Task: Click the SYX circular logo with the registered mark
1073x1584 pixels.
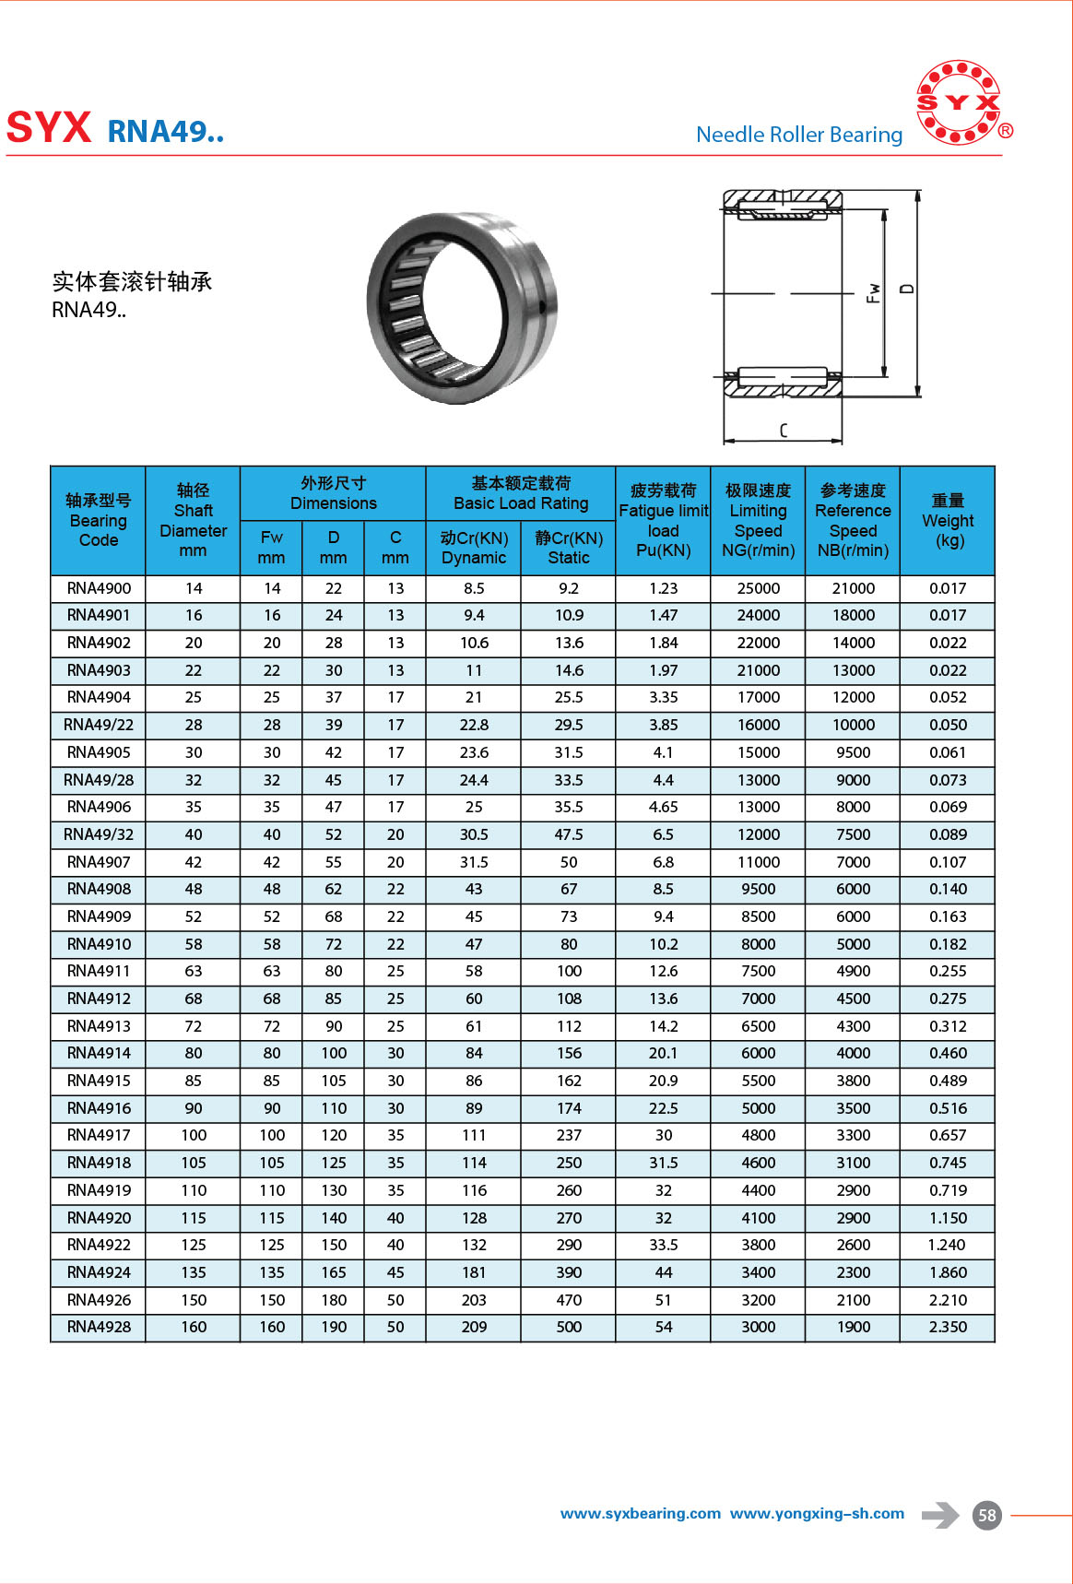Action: tap(960, 103)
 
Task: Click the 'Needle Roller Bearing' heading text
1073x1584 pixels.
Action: tap(799, 135)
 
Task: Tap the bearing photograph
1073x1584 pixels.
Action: tap(462, 307)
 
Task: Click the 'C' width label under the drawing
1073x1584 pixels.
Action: tap(784, 430)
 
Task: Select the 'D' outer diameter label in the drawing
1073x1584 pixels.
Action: tap(907, 289)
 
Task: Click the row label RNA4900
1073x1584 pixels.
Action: tap(99, 588)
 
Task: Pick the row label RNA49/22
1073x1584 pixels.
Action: tap(99, 725)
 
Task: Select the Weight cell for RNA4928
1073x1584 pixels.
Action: tap(948, 1327)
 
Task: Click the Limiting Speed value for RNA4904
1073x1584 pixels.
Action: tap(758, 697)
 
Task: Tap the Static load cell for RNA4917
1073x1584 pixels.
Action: tap(569, 1135)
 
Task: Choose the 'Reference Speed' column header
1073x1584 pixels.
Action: tap(853, 521)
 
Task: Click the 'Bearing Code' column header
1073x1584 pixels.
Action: tap(99, 521)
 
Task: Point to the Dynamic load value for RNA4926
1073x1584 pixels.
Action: tap(474, 1300)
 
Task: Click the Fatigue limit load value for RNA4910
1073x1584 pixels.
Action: tap(663, 944)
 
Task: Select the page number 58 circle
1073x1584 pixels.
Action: tap(987, 1515)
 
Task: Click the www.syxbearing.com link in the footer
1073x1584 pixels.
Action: tap(640, 1514)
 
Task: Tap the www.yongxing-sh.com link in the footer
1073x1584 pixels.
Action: tap(817, 1514)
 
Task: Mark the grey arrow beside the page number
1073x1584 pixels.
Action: tap(940, 1515)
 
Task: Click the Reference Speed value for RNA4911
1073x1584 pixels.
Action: tap(853, 971)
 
